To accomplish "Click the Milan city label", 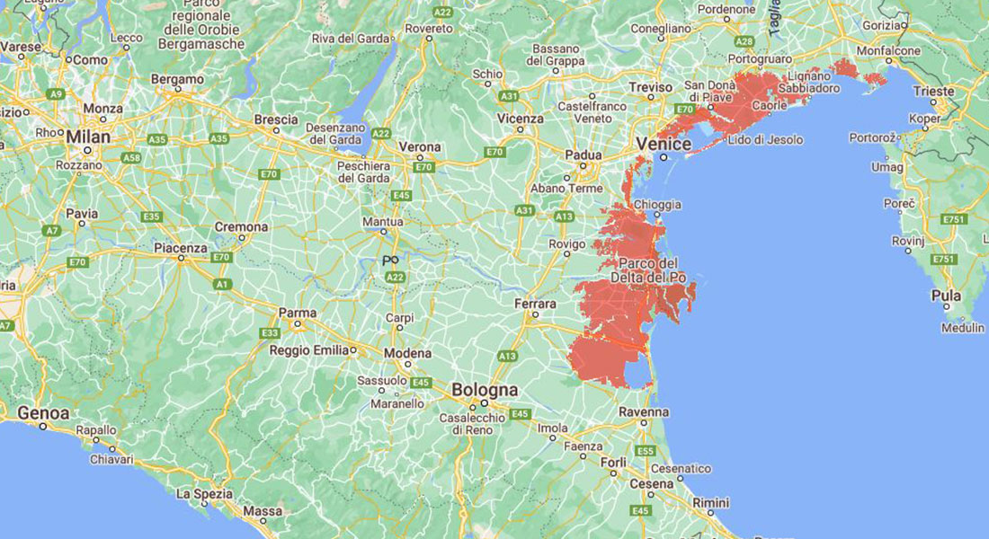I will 87,137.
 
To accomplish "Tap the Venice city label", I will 664,144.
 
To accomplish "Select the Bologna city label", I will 485,390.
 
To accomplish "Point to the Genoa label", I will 42,413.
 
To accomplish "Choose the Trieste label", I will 933,91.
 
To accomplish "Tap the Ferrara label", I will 535,304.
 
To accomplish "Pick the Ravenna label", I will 643,411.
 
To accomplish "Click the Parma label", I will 297,313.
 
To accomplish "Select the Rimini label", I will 710,502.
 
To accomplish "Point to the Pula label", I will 947,296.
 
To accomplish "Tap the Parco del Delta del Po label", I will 654,270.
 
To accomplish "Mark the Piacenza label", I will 180,248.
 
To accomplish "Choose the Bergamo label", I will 177,79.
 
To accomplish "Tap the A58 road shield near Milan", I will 132,157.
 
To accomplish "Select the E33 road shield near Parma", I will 270,333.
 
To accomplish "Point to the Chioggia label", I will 657,205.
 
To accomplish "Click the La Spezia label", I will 204,494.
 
